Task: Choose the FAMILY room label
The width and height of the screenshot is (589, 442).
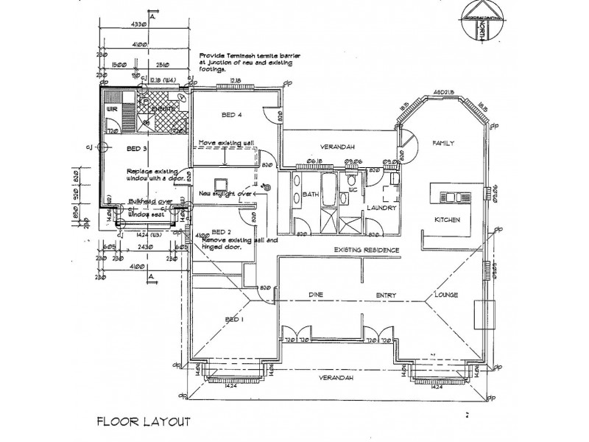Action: [x=444, y=142]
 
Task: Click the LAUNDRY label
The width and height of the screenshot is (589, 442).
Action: [x=381, y=208]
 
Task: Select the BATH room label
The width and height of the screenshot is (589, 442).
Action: [x=311, y=194]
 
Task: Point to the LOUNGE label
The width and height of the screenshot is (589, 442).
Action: [x=446, y=295]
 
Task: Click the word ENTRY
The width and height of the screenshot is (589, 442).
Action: [x=387, y=295]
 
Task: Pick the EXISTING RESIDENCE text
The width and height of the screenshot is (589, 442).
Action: [x=367, y=250]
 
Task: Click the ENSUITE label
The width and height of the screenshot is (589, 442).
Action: [x=163, y=109]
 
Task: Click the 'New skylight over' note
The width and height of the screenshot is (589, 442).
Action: [x=226, y=194]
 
